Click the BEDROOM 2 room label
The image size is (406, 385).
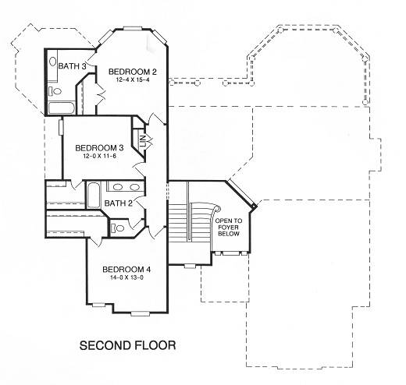(133, 72)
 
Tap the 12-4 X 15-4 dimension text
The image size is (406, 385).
(133, 79)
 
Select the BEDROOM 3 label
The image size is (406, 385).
(99, 148)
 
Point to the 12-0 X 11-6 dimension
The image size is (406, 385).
(99, 156)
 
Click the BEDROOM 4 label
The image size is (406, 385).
(126, 270)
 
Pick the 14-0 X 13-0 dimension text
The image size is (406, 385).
(126, 277)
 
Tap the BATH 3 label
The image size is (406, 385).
(72, 66)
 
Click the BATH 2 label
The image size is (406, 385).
(119, 203)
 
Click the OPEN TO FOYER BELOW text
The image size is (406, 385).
(229, 228)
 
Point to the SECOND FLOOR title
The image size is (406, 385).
(127, 345)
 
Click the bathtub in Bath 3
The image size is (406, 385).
(62, 108)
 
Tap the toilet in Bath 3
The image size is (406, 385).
(55, 91)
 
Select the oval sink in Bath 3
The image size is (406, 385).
(53, 62)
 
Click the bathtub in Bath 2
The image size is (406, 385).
(94, 195)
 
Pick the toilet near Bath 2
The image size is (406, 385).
(117, 228)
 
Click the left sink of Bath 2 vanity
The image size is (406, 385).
(118, 187)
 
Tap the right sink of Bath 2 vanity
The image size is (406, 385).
(135, 187)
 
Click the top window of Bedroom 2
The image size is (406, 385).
(133, 28)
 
